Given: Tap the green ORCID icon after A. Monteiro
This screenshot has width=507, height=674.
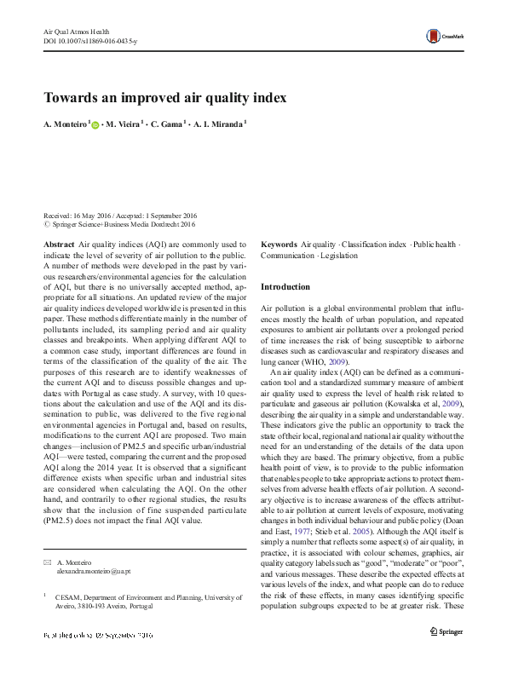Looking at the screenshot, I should [95, 124].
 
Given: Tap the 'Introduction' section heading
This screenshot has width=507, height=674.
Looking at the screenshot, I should [285, 287].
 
